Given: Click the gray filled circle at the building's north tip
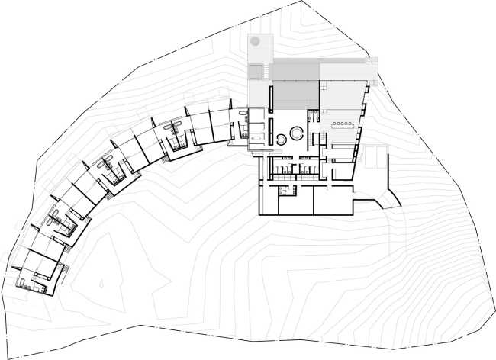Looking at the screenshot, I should coord(256,40).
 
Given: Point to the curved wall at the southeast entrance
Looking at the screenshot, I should coord(385,200).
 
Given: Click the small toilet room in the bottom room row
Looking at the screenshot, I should coord(283,191).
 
